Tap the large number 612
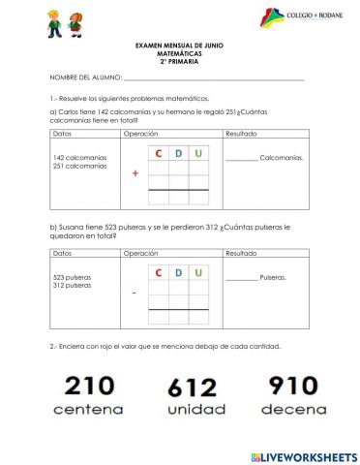[192, 388]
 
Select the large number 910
[294, 387]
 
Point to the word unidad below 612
[192, 411]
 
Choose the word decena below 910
[294, 410]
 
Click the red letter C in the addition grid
[158, 153]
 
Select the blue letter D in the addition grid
[178, 153]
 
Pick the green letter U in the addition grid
[198, 153]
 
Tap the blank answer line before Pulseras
[241, 279]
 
